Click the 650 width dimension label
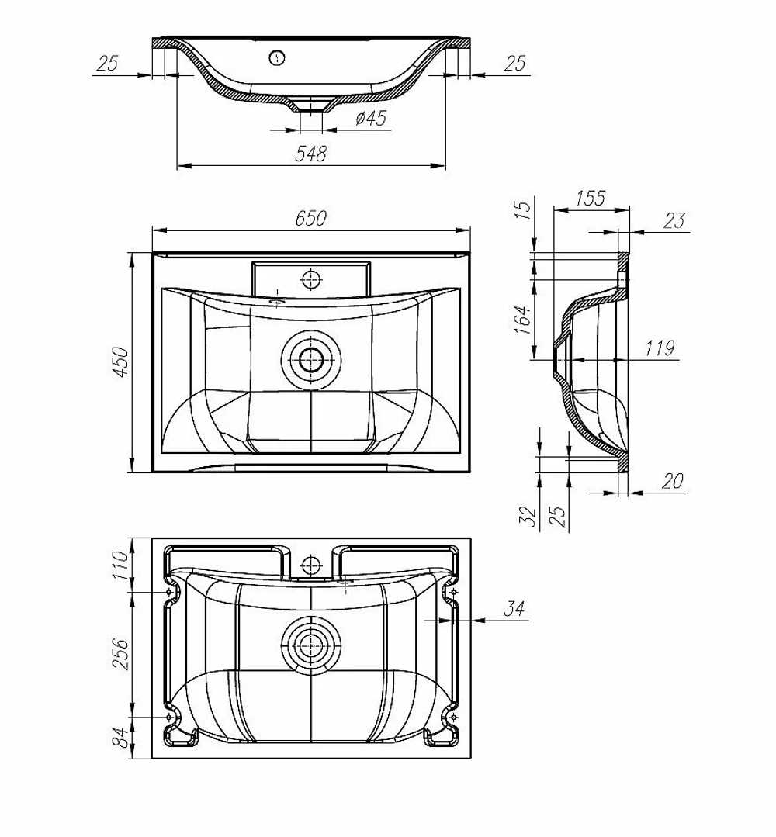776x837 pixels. pyautogui.click(x=311, y=218)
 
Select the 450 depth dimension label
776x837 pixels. pyautogui.click(x=122, y=362)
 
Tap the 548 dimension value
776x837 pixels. pyautogui.click(x=311, y=154)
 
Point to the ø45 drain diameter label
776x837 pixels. pyautogui.click(x=371, y=117)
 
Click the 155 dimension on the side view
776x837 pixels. pyautogui.click(x=591, y=198)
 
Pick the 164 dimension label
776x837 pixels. pyautogui.click(x=523, y=320)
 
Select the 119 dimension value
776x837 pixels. pyautogui.click(x=660, y=348)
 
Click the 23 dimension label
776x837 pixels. pyautogui.click(x=674, y=220)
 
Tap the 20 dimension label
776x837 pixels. pyautogui.click(x=673, y=481)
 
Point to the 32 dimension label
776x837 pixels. pyautogui.click(x=528, y=516)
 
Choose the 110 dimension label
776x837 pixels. pyautogui.click(x=122, y=565)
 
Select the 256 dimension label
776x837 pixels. pyautogui.click(x=122, y=654)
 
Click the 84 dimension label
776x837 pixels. pyautogui.click(x=122, y=737)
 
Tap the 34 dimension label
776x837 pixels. pyautogui.click(x=514, y=608)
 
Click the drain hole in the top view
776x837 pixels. pyautogui.click(x=310, y=360)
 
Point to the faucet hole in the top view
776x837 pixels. pyautogui.click(x=310, y=278)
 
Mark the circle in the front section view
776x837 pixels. pyautogui.click(x=277, y=57)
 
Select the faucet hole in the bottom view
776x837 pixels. pyautogui.click(x=310, y=564)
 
